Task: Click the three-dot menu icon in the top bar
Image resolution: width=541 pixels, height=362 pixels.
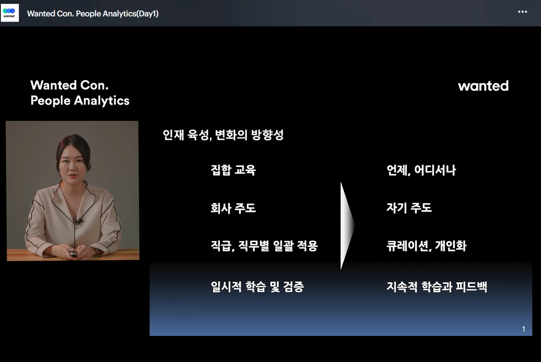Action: (523, 12)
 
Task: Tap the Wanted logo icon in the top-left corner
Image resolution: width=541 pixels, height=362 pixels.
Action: (10, 13)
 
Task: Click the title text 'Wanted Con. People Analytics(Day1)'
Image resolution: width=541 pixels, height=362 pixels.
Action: (93, 14)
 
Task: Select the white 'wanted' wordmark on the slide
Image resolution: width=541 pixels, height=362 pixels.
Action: (483, 86)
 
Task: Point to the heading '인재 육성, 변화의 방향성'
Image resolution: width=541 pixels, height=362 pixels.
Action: (223, 135)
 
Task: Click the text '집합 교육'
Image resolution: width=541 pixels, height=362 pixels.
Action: (233, 170)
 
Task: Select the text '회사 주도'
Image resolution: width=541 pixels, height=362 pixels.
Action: (233, 208)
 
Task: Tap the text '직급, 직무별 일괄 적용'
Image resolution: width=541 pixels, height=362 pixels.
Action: (264, 246)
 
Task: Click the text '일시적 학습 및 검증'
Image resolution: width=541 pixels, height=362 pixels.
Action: (258, 287)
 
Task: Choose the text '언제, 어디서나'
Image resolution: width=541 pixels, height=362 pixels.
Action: (421, 170)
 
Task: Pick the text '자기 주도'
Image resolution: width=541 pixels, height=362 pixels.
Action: (409, 208)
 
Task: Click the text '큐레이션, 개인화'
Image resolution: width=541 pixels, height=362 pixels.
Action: (427, 246)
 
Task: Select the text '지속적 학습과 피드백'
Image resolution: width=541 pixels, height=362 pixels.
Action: (437, 287)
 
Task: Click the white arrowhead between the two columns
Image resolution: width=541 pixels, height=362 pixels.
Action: (346, 226)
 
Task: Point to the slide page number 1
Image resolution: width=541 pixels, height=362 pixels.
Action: (523, 329)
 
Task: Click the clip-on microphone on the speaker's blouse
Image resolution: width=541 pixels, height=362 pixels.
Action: (79, 221)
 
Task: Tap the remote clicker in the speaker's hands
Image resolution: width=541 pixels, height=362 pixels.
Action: (73, 254)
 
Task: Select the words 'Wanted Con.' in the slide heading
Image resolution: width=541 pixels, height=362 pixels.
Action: (70, 85)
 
